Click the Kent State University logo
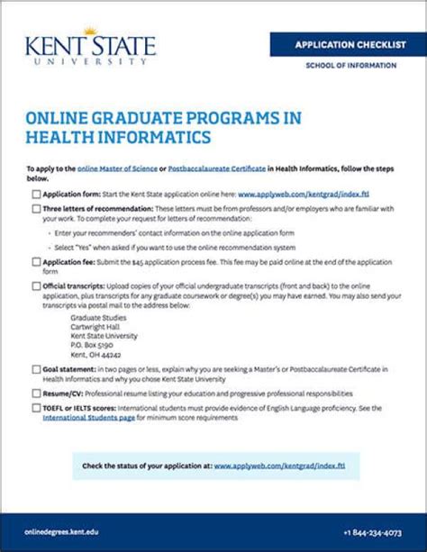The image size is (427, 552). (89, 50)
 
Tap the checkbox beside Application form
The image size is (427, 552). (35, 194)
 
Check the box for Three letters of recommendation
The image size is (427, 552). (35, 209)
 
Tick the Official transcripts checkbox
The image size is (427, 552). (35, 287)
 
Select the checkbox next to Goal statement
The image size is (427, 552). (35, 369)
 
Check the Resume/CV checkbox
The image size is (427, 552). (35, 394)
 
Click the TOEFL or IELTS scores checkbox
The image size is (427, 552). (35, 409)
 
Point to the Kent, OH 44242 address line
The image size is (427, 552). (97, 354)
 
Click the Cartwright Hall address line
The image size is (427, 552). (95, 327)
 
